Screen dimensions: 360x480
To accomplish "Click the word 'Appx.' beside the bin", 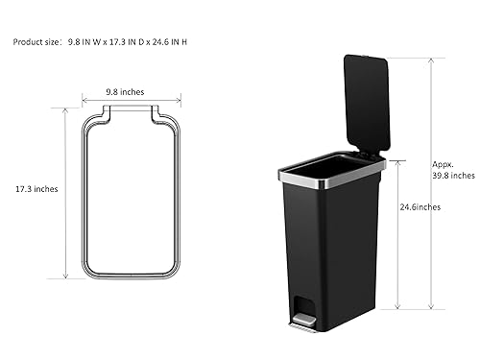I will coord(442,163).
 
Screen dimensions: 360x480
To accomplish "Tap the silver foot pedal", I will coord(303,326).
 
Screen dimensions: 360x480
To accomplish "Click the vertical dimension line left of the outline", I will coord(66,191).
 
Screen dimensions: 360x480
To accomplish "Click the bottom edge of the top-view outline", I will coord(132,276).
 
